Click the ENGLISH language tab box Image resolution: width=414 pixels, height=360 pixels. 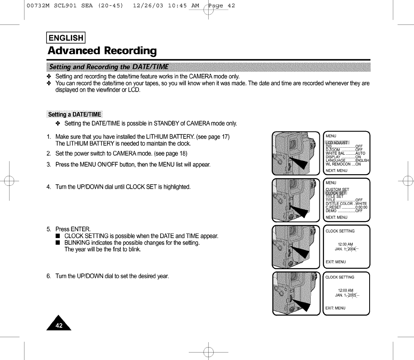pyautogui.click(x=66, y=38)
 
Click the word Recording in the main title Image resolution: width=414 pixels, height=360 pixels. pyautogui.click(x=130, y=51)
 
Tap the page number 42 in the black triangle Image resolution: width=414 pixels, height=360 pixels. pyautogui.click(x=59, y=326)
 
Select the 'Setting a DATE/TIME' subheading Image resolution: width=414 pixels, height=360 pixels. pyautogui.click(x=75, y=114)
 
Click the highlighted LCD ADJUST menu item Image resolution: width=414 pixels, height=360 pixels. pyautogui.click(x=337, y=143)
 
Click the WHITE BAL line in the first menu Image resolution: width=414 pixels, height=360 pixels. pyautogui.click(x=344, y=153)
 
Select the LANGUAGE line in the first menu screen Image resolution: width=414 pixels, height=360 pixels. pyautogui.click(x=346, y=161)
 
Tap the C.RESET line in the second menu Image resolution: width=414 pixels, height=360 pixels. pyautogui.click(x=346, y=207)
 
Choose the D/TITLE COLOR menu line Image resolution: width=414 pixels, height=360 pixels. pyautogui.click(x=346, y=204)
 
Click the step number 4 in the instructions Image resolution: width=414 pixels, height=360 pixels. pyautogui.click(x=49, y=187)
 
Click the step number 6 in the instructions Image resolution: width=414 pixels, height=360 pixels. pyautogui.click(x=49, y=277)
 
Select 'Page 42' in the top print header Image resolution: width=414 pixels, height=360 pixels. pyautogui.click(x=222, y=6)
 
